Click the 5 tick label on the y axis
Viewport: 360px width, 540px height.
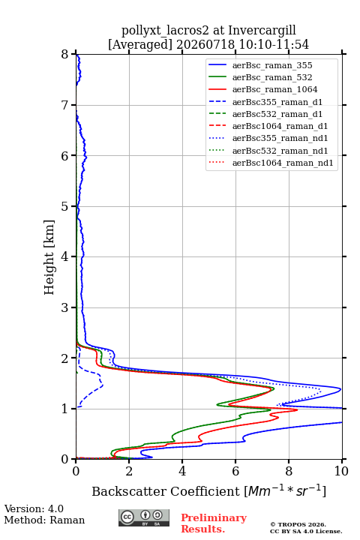tap(65, 206)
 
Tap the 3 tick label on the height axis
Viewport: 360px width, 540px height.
tap(65, 307)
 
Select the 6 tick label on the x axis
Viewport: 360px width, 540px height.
tap(235, 471)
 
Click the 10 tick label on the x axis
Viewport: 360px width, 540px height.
tap(342, 471)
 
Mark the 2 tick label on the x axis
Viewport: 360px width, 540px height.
tap(129, 471)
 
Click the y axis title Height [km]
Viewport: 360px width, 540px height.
tap(49, 257)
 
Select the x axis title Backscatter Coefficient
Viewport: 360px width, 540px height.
tap(165, 491)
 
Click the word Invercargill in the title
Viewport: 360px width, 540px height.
tap(262, 31)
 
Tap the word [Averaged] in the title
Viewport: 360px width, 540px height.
tap(139, 44)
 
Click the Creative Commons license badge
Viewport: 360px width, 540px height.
tap(144, 518)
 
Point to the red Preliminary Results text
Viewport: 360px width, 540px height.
tap(214, 523)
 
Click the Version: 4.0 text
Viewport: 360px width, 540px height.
tap(34, 508)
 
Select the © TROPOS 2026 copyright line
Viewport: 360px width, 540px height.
tap(298, 524)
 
